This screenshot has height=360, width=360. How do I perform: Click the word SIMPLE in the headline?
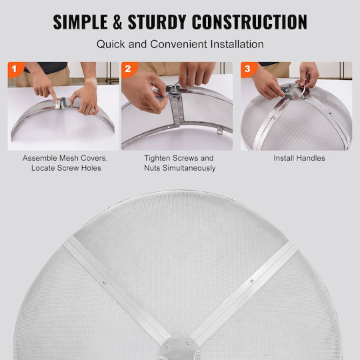point(81,22)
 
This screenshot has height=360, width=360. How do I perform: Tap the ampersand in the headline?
point(117,22)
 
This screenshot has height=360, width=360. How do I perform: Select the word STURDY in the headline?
point(157,22)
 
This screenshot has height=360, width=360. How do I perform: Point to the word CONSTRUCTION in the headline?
point(249,22)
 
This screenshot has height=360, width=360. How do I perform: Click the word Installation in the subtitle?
point(237,44)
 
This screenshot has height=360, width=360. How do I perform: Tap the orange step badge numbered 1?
point(15,69)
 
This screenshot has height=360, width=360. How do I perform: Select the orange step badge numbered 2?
point(129,69)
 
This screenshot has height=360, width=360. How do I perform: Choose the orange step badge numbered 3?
point(248,69)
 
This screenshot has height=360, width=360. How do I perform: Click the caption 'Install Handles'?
point(299,158)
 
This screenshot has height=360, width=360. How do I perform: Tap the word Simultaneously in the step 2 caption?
point(189,168)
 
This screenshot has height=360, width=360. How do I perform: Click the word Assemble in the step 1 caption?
point(39,158)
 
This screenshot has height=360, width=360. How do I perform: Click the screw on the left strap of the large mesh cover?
point(104,283)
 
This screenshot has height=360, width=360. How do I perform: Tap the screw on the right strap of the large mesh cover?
point(252,281)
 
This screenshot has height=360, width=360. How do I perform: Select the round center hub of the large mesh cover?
point(180,349)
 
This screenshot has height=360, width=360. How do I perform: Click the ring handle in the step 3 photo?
point(303,92)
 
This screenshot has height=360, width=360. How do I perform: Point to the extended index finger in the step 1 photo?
point(53,96)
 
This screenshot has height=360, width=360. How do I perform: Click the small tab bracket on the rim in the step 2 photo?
point(220,131)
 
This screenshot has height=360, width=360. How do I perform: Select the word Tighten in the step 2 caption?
point(157,158)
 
